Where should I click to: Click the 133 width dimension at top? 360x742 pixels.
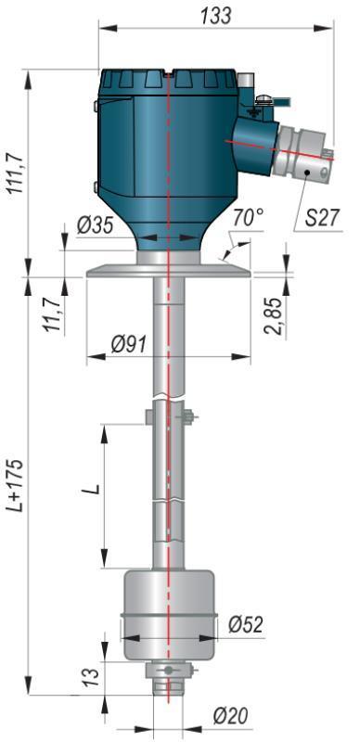(x=215, y=16)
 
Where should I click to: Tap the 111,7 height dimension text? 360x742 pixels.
(x=15, y=173)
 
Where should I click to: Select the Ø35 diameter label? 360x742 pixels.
(x=96, y=225)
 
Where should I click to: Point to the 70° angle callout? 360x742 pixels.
(x=249, y=218)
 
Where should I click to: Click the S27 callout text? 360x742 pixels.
(x=323, y=219)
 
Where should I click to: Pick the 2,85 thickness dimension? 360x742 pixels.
(x=275, y=316)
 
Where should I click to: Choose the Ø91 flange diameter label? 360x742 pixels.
(x=128, y=345)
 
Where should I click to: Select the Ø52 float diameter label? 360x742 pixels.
(x=245, y=624)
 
